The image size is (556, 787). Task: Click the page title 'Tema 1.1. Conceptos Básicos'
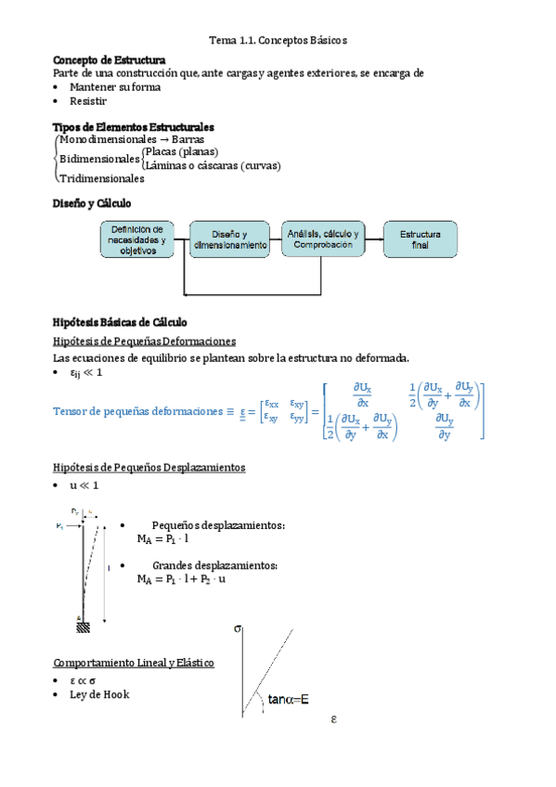click(278, 42)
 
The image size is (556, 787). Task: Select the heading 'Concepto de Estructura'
click(110, 60)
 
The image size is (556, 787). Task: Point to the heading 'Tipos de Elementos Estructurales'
click(134, 126)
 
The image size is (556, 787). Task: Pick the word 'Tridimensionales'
click(101, 178)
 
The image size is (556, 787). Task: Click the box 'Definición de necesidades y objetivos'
click(137, 240)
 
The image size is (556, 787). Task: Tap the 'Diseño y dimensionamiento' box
click(230, 240)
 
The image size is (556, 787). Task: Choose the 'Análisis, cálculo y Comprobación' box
click(323, 240)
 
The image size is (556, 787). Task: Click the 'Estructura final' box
click(420, 240)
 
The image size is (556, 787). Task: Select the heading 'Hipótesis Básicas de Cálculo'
click(120, 323)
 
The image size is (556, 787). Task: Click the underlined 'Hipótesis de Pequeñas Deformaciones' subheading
click(144, 342)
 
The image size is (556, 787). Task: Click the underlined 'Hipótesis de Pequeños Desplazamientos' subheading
click(149, 468)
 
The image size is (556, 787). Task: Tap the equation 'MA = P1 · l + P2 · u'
click(181, 579)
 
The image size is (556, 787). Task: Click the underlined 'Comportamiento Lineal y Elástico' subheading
click(134, 663)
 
